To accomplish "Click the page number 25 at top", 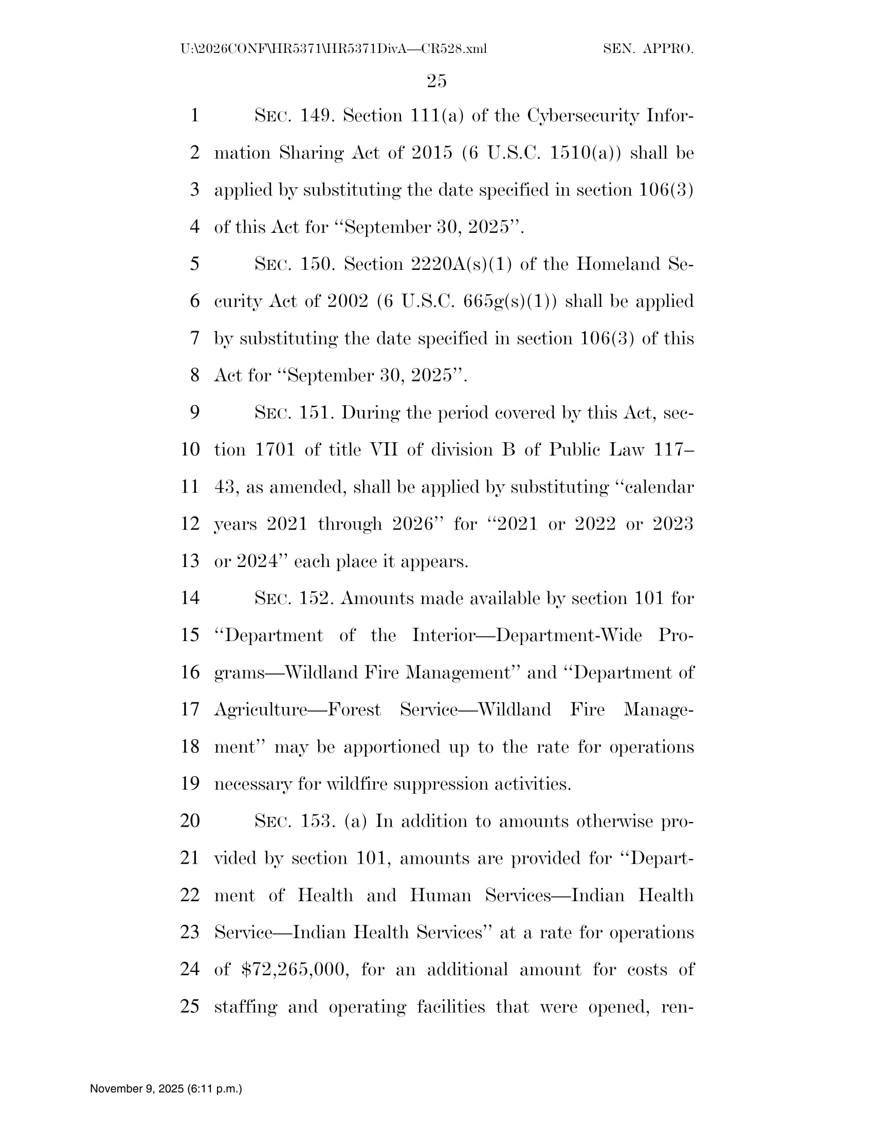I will tap(436, 81).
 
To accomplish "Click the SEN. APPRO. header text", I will tap(648, 49).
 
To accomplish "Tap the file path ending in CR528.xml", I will tap(334, 49).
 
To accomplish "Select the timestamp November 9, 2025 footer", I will tap(166, 1088).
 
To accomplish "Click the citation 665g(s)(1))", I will tap(510, 301).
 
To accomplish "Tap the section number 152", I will tap(316, 598).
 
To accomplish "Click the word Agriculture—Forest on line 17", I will tap(297, 709).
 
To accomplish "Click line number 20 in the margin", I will tap(190, 821).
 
